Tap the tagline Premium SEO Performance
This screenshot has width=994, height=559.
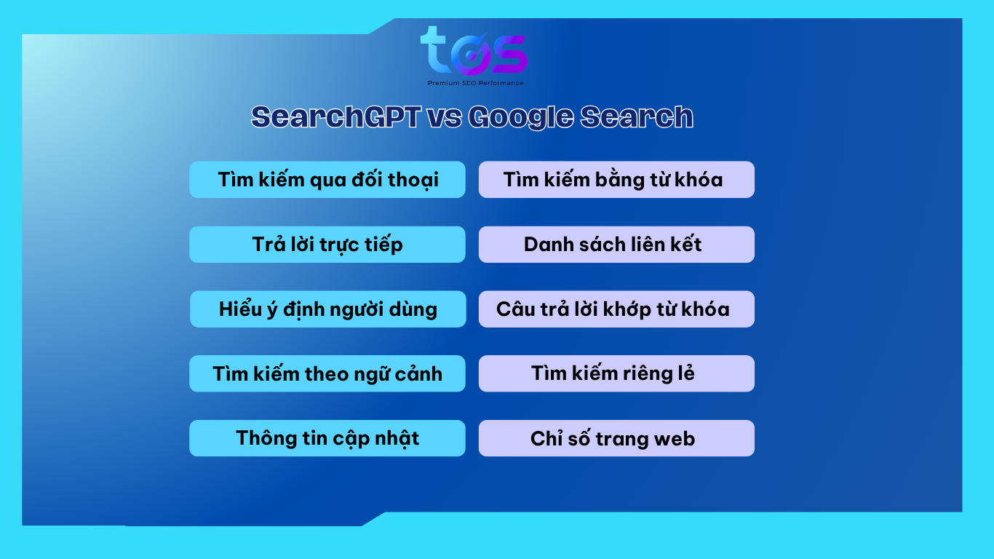point(475,83)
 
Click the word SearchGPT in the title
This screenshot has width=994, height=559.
point(335,116)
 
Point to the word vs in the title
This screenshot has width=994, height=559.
point(444,119)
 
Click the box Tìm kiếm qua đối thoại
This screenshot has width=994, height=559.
point(327,179)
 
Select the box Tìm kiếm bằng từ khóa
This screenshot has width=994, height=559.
point(616,179)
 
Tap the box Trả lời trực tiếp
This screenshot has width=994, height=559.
point(327,245)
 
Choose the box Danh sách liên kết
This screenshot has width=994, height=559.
point(616,245)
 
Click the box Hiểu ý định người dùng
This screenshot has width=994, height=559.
point(328,309)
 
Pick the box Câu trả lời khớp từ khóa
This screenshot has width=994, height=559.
point(616,309)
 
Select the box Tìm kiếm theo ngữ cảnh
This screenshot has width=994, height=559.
point(327,373)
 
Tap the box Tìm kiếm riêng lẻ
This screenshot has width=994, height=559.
point(616,373)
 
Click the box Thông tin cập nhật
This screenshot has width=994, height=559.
point(327,438)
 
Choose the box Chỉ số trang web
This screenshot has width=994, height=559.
point(616,438)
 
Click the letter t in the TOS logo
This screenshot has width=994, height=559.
point(434,49)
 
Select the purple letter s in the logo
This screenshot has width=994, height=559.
point(510,55)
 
